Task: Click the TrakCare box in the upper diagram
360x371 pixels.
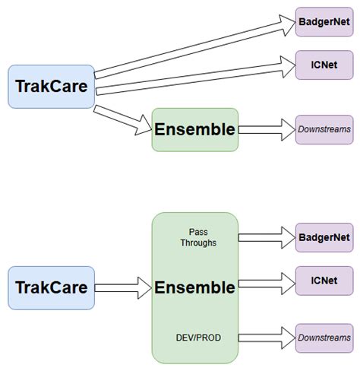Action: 51,87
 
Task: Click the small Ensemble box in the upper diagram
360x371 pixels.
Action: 195,129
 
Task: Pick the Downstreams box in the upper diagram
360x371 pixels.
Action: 325,129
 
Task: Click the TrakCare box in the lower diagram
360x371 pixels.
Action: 51,287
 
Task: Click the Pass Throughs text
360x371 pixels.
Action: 197,236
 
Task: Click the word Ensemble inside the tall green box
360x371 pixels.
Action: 195,287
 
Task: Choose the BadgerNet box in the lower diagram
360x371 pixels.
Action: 325,236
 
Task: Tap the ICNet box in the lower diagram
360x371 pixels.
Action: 325,280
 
